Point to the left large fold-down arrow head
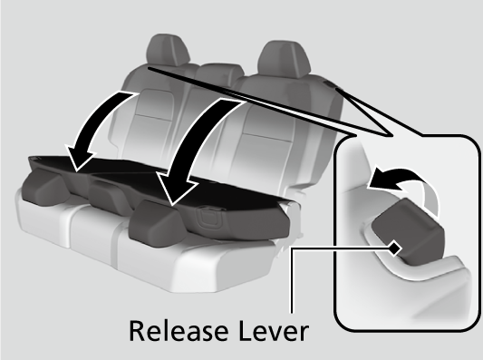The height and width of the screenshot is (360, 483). click(82, 158)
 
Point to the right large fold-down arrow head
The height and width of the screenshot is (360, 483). click(177, 188)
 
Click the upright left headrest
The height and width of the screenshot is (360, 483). click(168, 50)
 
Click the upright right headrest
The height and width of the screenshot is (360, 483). click(284, 60)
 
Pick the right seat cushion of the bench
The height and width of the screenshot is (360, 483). click(198, 262)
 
